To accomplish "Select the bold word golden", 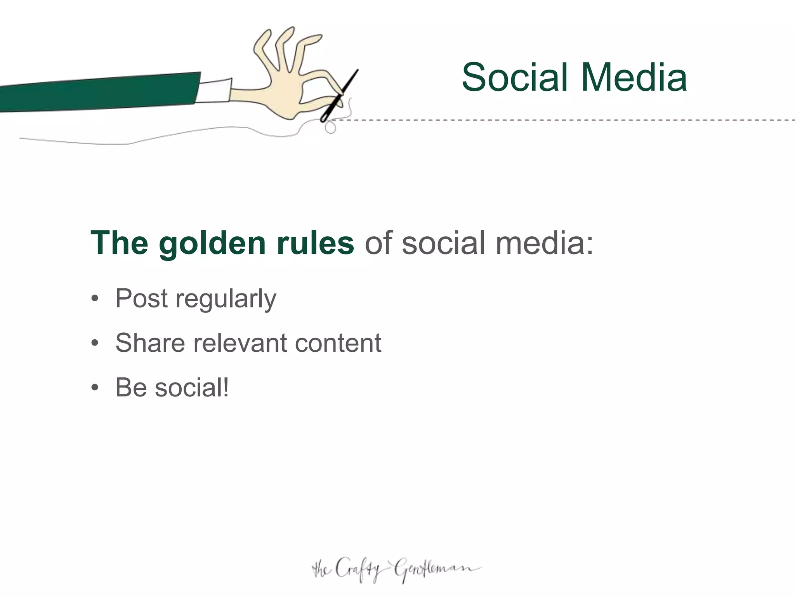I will click(212, 244).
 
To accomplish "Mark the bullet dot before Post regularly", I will click(95, 299).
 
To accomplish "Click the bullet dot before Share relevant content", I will click(95, 344).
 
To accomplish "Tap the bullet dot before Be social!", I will click(95, 388).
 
